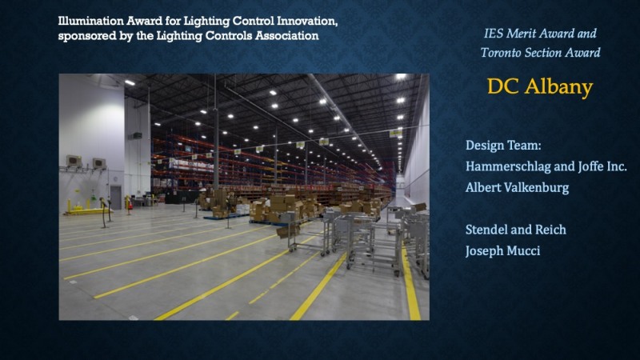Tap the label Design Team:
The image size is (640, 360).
tap(503, 146)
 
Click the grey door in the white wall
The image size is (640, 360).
tap(116, 197)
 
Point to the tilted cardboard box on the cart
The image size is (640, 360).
tap(288, 231)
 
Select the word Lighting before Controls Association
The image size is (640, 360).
tap(179, 36)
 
